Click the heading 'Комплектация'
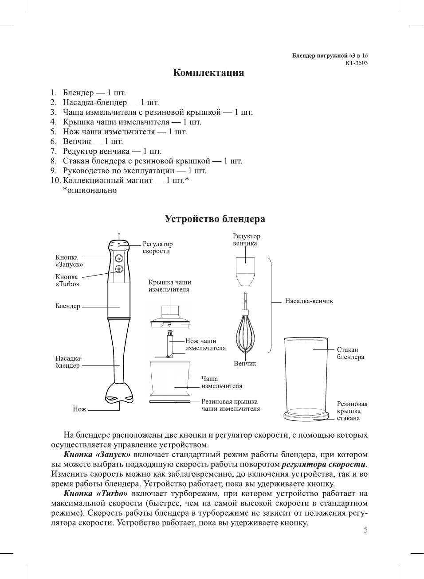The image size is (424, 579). click(208, 73)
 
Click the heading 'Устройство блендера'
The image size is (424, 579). click(215, 219)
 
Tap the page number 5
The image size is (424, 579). click(365, 530)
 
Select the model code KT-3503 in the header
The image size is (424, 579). click(357, 63)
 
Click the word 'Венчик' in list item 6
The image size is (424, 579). click(77, 141)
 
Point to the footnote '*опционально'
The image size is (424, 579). click(90, 190)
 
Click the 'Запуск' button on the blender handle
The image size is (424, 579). click(119, 258)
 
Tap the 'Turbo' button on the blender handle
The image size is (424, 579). click(119, 269)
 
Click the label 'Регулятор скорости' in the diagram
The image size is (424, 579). click(157, 247)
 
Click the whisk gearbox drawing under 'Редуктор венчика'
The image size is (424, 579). click(245, 271)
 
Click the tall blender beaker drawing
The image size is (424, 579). click(306, 377)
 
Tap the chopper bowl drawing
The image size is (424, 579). click(170, 378)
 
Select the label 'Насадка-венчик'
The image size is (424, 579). click(309, 301)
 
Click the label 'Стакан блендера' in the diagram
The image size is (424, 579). click(350, 353)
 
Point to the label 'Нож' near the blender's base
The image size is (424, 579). click(80, 409)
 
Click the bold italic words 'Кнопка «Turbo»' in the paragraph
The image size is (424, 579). click(96, 494)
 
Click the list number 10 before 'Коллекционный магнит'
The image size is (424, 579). click(55, 180)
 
